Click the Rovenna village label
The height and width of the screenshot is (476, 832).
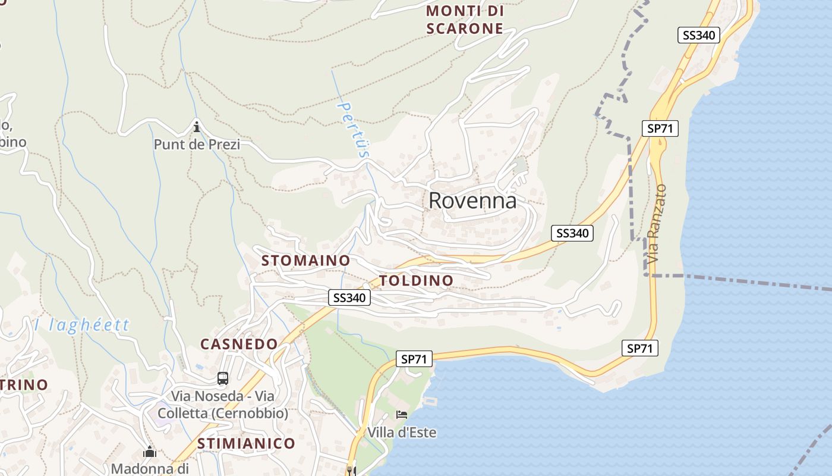472,201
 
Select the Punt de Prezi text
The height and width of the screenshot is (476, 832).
197,145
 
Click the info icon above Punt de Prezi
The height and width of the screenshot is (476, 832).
197,127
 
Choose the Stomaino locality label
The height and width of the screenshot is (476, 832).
305,261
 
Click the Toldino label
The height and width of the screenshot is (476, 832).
416,280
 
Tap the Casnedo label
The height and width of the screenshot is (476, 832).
239,344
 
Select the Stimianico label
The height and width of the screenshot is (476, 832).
246,443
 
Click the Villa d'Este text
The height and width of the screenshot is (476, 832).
402,433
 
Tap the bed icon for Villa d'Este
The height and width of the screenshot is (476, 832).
402,415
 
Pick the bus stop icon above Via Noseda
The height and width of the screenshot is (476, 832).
223,378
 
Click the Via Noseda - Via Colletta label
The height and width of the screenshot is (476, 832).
223,405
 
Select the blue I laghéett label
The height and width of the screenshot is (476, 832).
81,325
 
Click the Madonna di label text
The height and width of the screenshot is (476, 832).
149,469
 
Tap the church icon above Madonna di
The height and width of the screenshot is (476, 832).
149,453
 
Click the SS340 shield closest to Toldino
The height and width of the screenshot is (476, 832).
349,297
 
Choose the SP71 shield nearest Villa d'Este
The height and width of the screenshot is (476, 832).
414,359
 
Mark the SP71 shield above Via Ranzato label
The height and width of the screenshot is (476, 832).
660,128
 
